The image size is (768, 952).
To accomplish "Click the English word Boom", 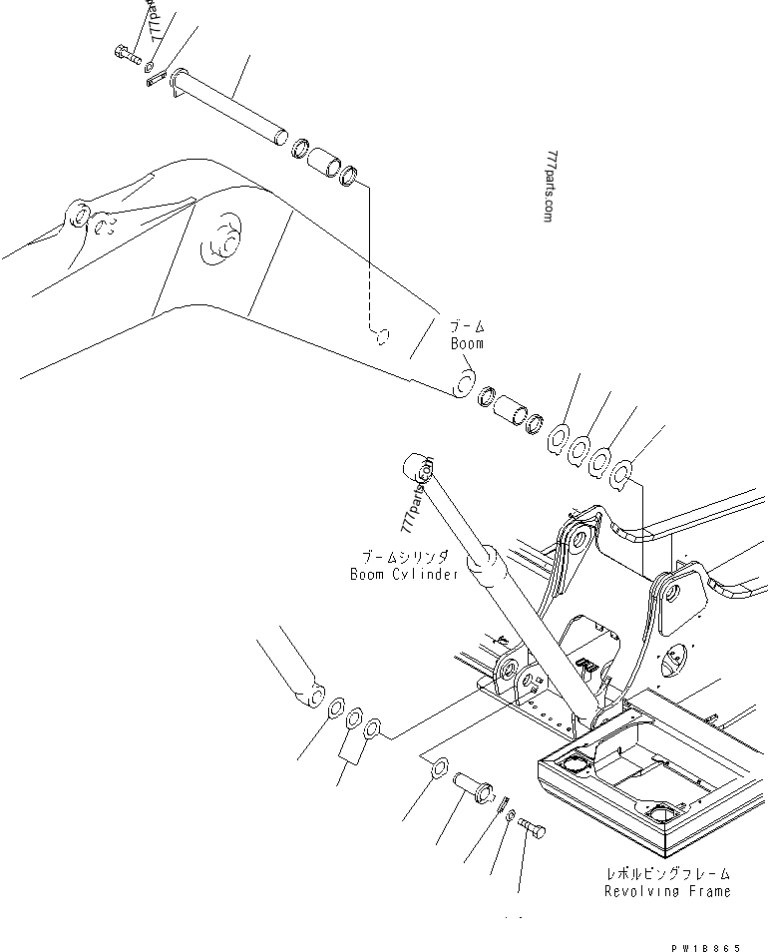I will pos(466,343).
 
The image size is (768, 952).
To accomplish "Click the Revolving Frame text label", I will pos(666,890).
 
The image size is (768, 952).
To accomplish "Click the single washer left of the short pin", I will pos(439,769).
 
